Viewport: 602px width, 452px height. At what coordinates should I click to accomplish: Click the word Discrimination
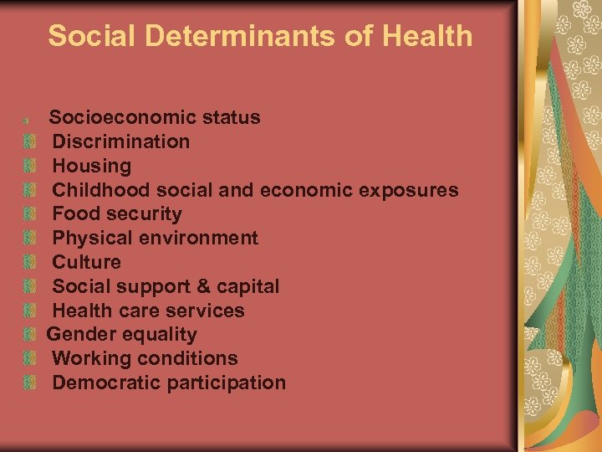[121, 141]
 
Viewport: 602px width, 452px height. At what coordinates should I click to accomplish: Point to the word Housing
[92, 166]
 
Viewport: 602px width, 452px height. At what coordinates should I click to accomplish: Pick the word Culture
[87, 262]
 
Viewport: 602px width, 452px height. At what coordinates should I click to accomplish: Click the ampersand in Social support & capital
[203, 286]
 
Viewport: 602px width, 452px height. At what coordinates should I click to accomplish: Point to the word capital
[248, 286]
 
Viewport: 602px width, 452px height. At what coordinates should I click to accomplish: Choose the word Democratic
[106, 383]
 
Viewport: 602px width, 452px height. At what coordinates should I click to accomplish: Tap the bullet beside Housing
[30, 167]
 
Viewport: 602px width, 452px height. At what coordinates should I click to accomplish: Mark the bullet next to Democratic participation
[30, 383]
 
